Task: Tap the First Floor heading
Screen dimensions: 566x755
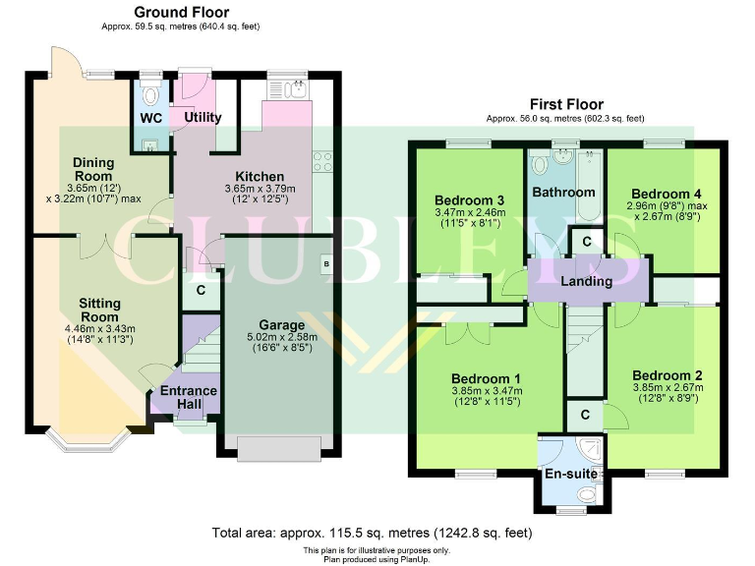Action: coord(566,104)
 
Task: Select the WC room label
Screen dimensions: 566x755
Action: coord(150,118)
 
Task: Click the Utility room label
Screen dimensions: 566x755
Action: coord(203,117)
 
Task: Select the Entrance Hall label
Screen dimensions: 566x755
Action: coord(189,398)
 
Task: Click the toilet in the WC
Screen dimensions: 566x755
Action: coord(149,95)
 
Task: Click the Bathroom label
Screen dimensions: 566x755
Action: coord(563,193)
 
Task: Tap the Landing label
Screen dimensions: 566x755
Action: coord(586,281)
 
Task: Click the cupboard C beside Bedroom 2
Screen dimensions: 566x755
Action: coord(585,415)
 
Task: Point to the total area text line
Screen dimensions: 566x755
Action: coord(372,533)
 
